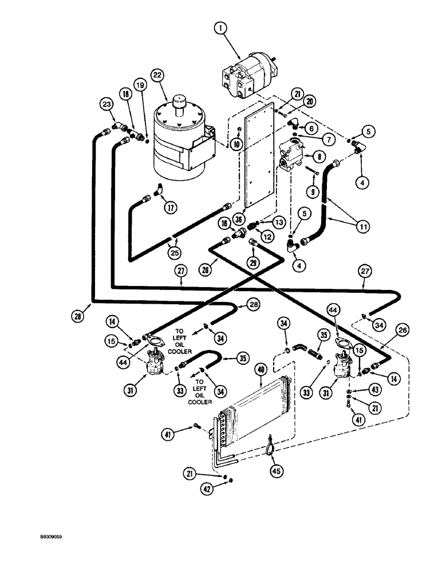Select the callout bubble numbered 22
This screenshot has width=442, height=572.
[157, 74]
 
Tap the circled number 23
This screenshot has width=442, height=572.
[106, 104]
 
